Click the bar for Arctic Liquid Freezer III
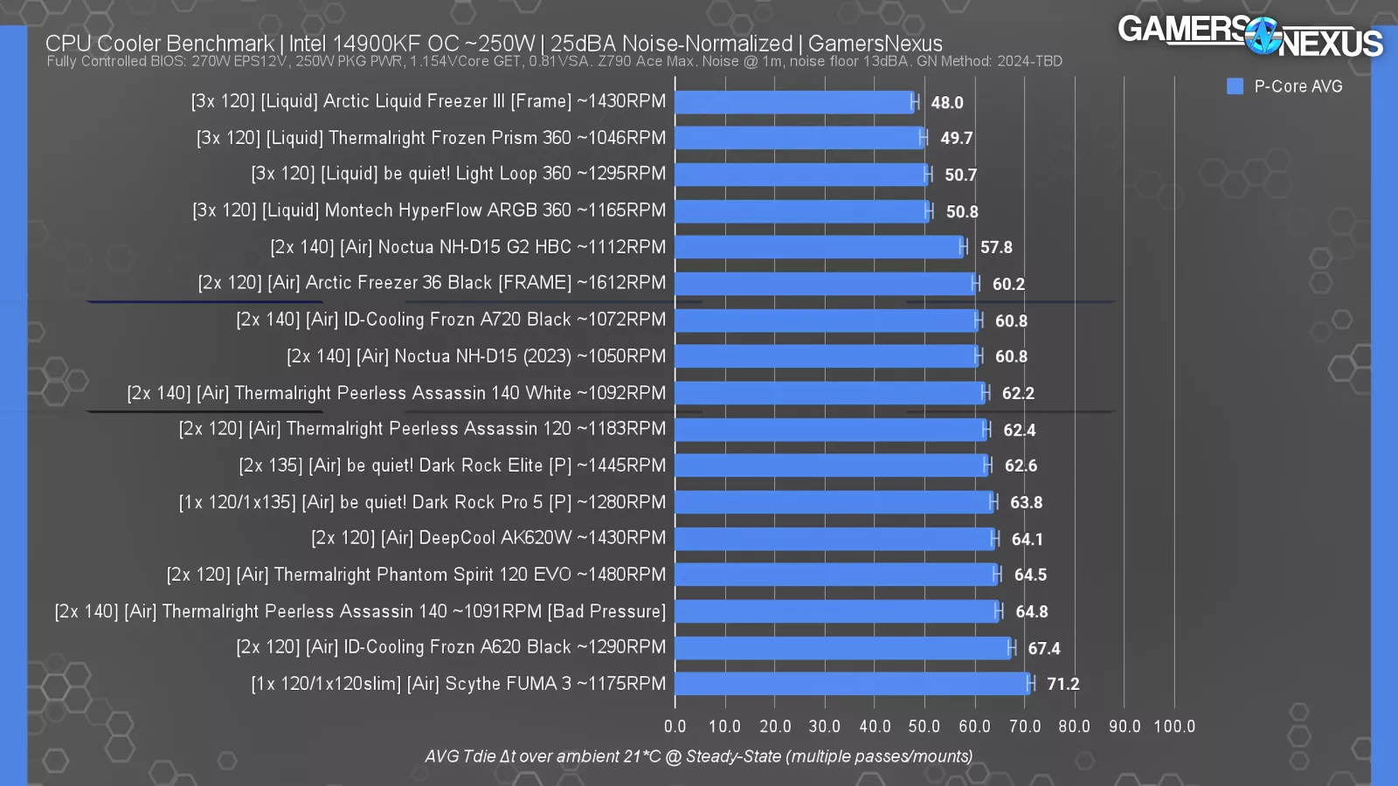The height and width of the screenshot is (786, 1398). click(x=793, y=102)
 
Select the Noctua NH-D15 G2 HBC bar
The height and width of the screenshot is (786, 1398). click(x=818, y=247)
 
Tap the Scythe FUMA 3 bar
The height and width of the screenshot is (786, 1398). click(x=852, y=684)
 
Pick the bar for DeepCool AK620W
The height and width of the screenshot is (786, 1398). click(x=834, y=539)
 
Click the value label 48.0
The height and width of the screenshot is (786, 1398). click(x=947, y=103)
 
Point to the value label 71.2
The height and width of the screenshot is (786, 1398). click(x=1062, y=685)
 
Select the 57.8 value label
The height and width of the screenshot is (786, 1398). click(x=996, y=248)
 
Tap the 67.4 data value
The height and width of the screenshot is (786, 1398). click(x=1044, y=649)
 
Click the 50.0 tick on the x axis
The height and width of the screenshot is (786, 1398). click(x=924, y=727)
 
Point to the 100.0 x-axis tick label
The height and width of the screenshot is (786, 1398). click(x=1174, y=727)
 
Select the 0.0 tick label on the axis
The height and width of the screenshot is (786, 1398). click(x=675, y=727)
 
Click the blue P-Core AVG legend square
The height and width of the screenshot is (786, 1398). click(x=1235, y=86)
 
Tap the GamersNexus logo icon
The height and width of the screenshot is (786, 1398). click(x=1263, y=36)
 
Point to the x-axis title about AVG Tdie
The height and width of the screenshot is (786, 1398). click(x=698, y=756)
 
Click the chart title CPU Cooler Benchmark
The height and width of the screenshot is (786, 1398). click(x=160, y=43)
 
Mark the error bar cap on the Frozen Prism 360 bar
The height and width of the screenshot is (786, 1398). click(x=923, y=138)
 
